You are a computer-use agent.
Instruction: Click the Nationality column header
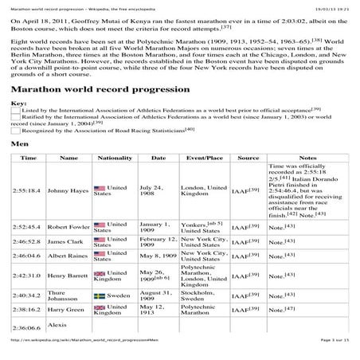point(114,158)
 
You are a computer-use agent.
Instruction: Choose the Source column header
point(248,158)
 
